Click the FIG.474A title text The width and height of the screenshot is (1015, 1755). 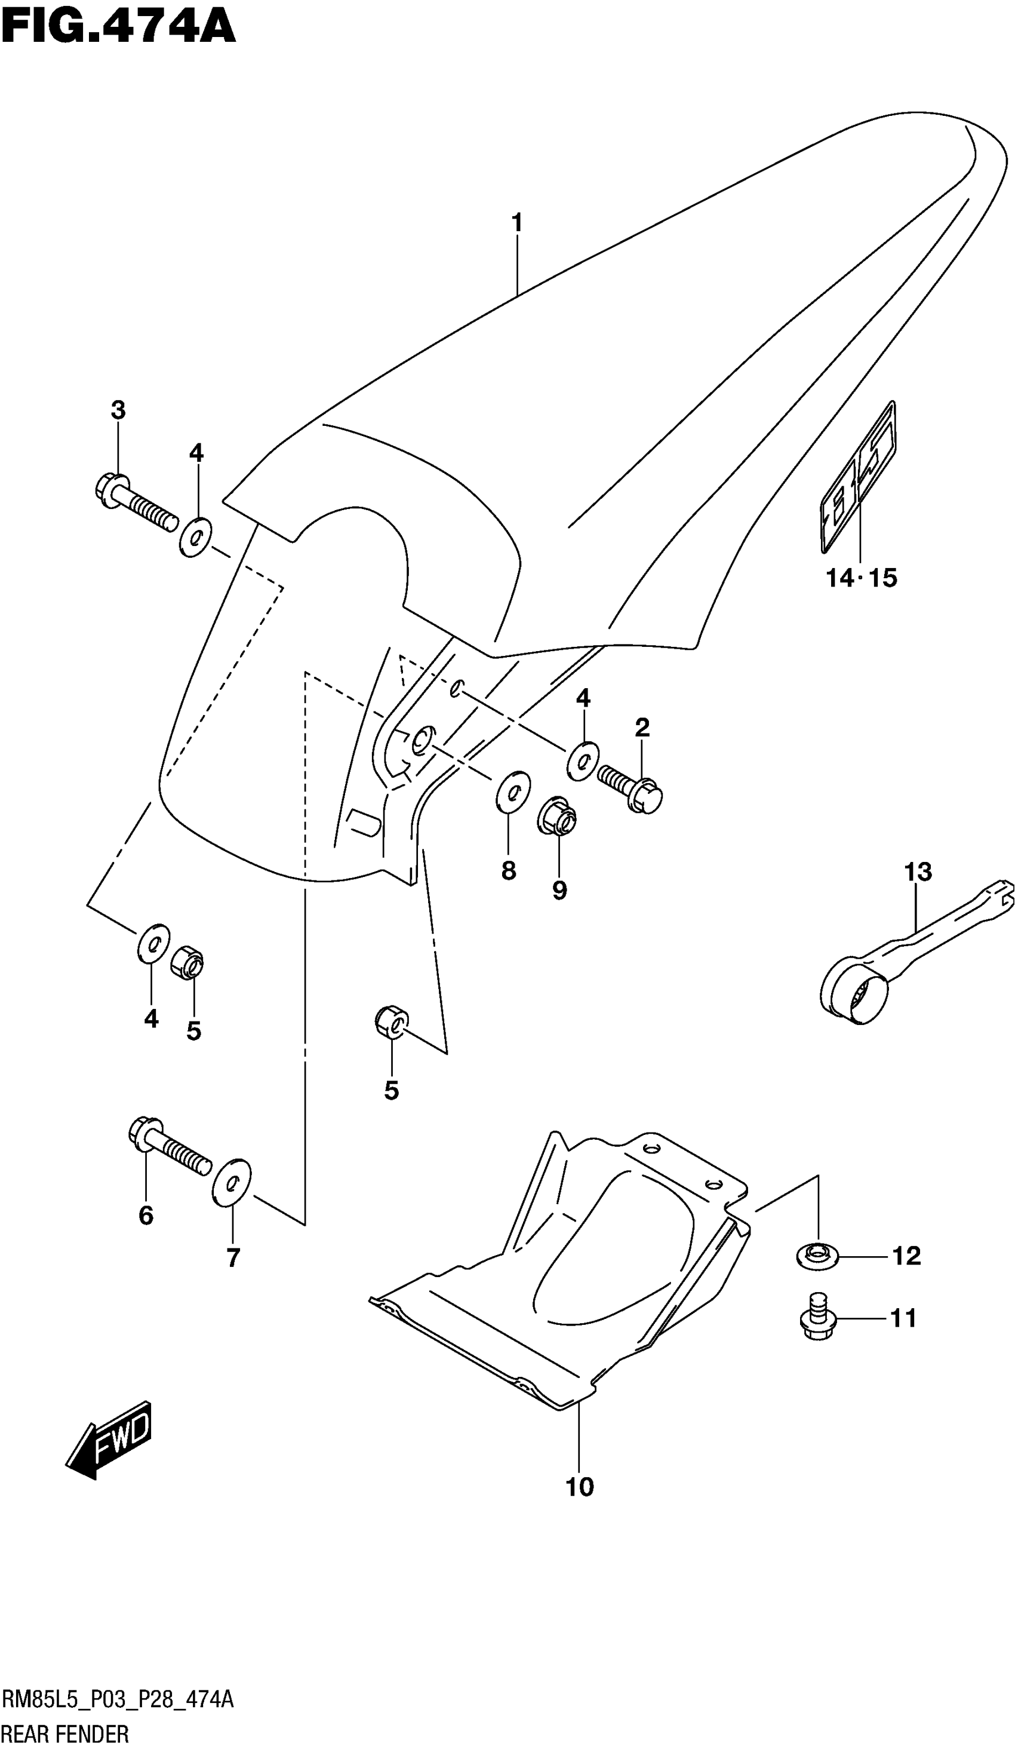118,28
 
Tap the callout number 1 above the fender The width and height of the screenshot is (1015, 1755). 516,223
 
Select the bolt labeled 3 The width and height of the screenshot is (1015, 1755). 136,503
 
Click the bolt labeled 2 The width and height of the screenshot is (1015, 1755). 630,787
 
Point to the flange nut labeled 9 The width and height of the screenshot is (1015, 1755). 556,815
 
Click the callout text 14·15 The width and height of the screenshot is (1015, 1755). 861,578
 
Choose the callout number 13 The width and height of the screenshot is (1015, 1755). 918,872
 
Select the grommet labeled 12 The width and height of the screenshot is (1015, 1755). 817,1256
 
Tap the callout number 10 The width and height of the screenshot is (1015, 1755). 579,1487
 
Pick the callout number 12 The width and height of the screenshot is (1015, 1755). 906,1256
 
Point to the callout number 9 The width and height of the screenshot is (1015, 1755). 559,889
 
